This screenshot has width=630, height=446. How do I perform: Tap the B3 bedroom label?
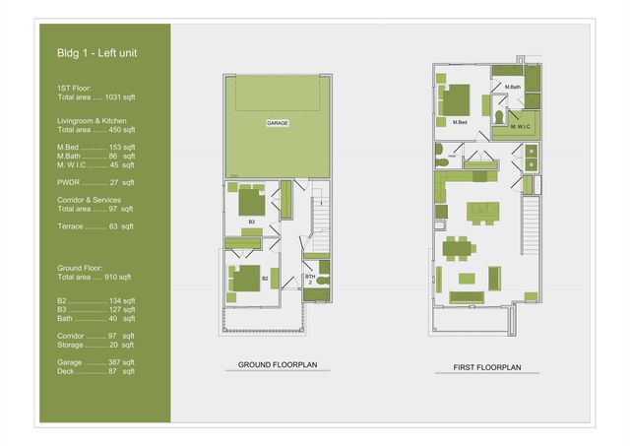pyautogui.click(x=251, y=223)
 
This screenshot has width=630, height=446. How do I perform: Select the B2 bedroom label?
pyautogui.click(x=265, y=279)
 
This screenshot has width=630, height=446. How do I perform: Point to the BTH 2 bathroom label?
pyautogui.click(x=309, y=280)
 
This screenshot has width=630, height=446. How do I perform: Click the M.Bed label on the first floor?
pyautogui.click(x=459, y=122)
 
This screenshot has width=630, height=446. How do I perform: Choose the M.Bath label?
pyautogui.click(x=512, y=88)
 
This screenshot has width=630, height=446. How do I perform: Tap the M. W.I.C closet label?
pyautogui.click(x=521, y=126)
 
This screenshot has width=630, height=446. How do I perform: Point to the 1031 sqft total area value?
pyautogui.click(x=120, y=96)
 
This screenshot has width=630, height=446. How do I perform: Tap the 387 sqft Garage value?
pyautogui.click(x=121, y=362)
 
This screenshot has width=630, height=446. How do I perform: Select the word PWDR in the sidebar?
pyautogui.click(x=68, y=182)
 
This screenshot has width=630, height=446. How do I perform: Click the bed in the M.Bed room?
pyautogui.click(x=456, y=99)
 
